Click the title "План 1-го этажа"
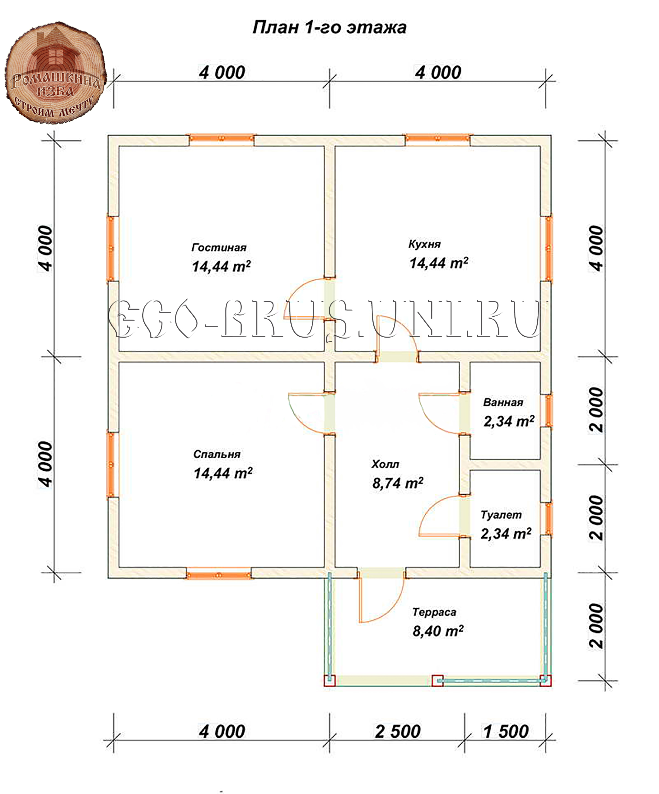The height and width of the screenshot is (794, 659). pos(329,28)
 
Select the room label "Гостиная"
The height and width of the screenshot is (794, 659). pos(219,248)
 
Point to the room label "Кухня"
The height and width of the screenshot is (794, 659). pos(424,244)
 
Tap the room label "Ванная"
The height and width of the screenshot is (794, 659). pos(503,402)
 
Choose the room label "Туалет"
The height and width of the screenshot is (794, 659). pos(501,515)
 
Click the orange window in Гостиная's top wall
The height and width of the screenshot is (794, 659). pos(222,139)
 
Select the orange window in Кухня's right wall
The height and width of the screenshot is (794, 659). pos(547,249)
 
